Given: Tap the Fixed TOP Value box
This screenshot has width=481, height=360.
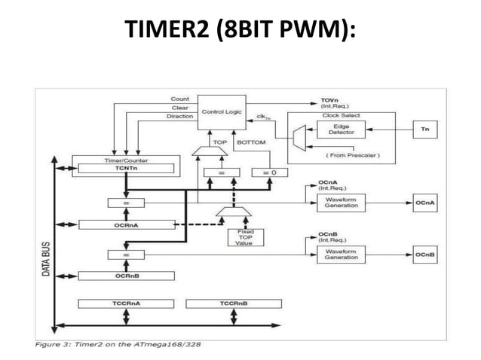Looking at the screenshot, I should pos(244,237).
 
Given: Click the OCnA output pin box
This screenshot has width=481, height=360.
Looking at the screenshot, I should pos(424,203).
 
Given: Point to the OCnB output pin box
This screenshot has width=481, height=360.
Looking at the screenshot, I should pos(424,255).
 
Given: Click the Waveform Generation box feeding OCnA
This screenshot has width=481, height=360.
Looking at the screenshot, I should pos(341,203).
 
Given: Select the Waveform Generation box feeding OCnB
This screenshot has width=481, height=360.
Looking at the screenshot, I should pos(341,255).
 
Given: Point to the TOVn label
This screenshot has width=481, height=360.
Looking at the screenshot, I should pos(329,99).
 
